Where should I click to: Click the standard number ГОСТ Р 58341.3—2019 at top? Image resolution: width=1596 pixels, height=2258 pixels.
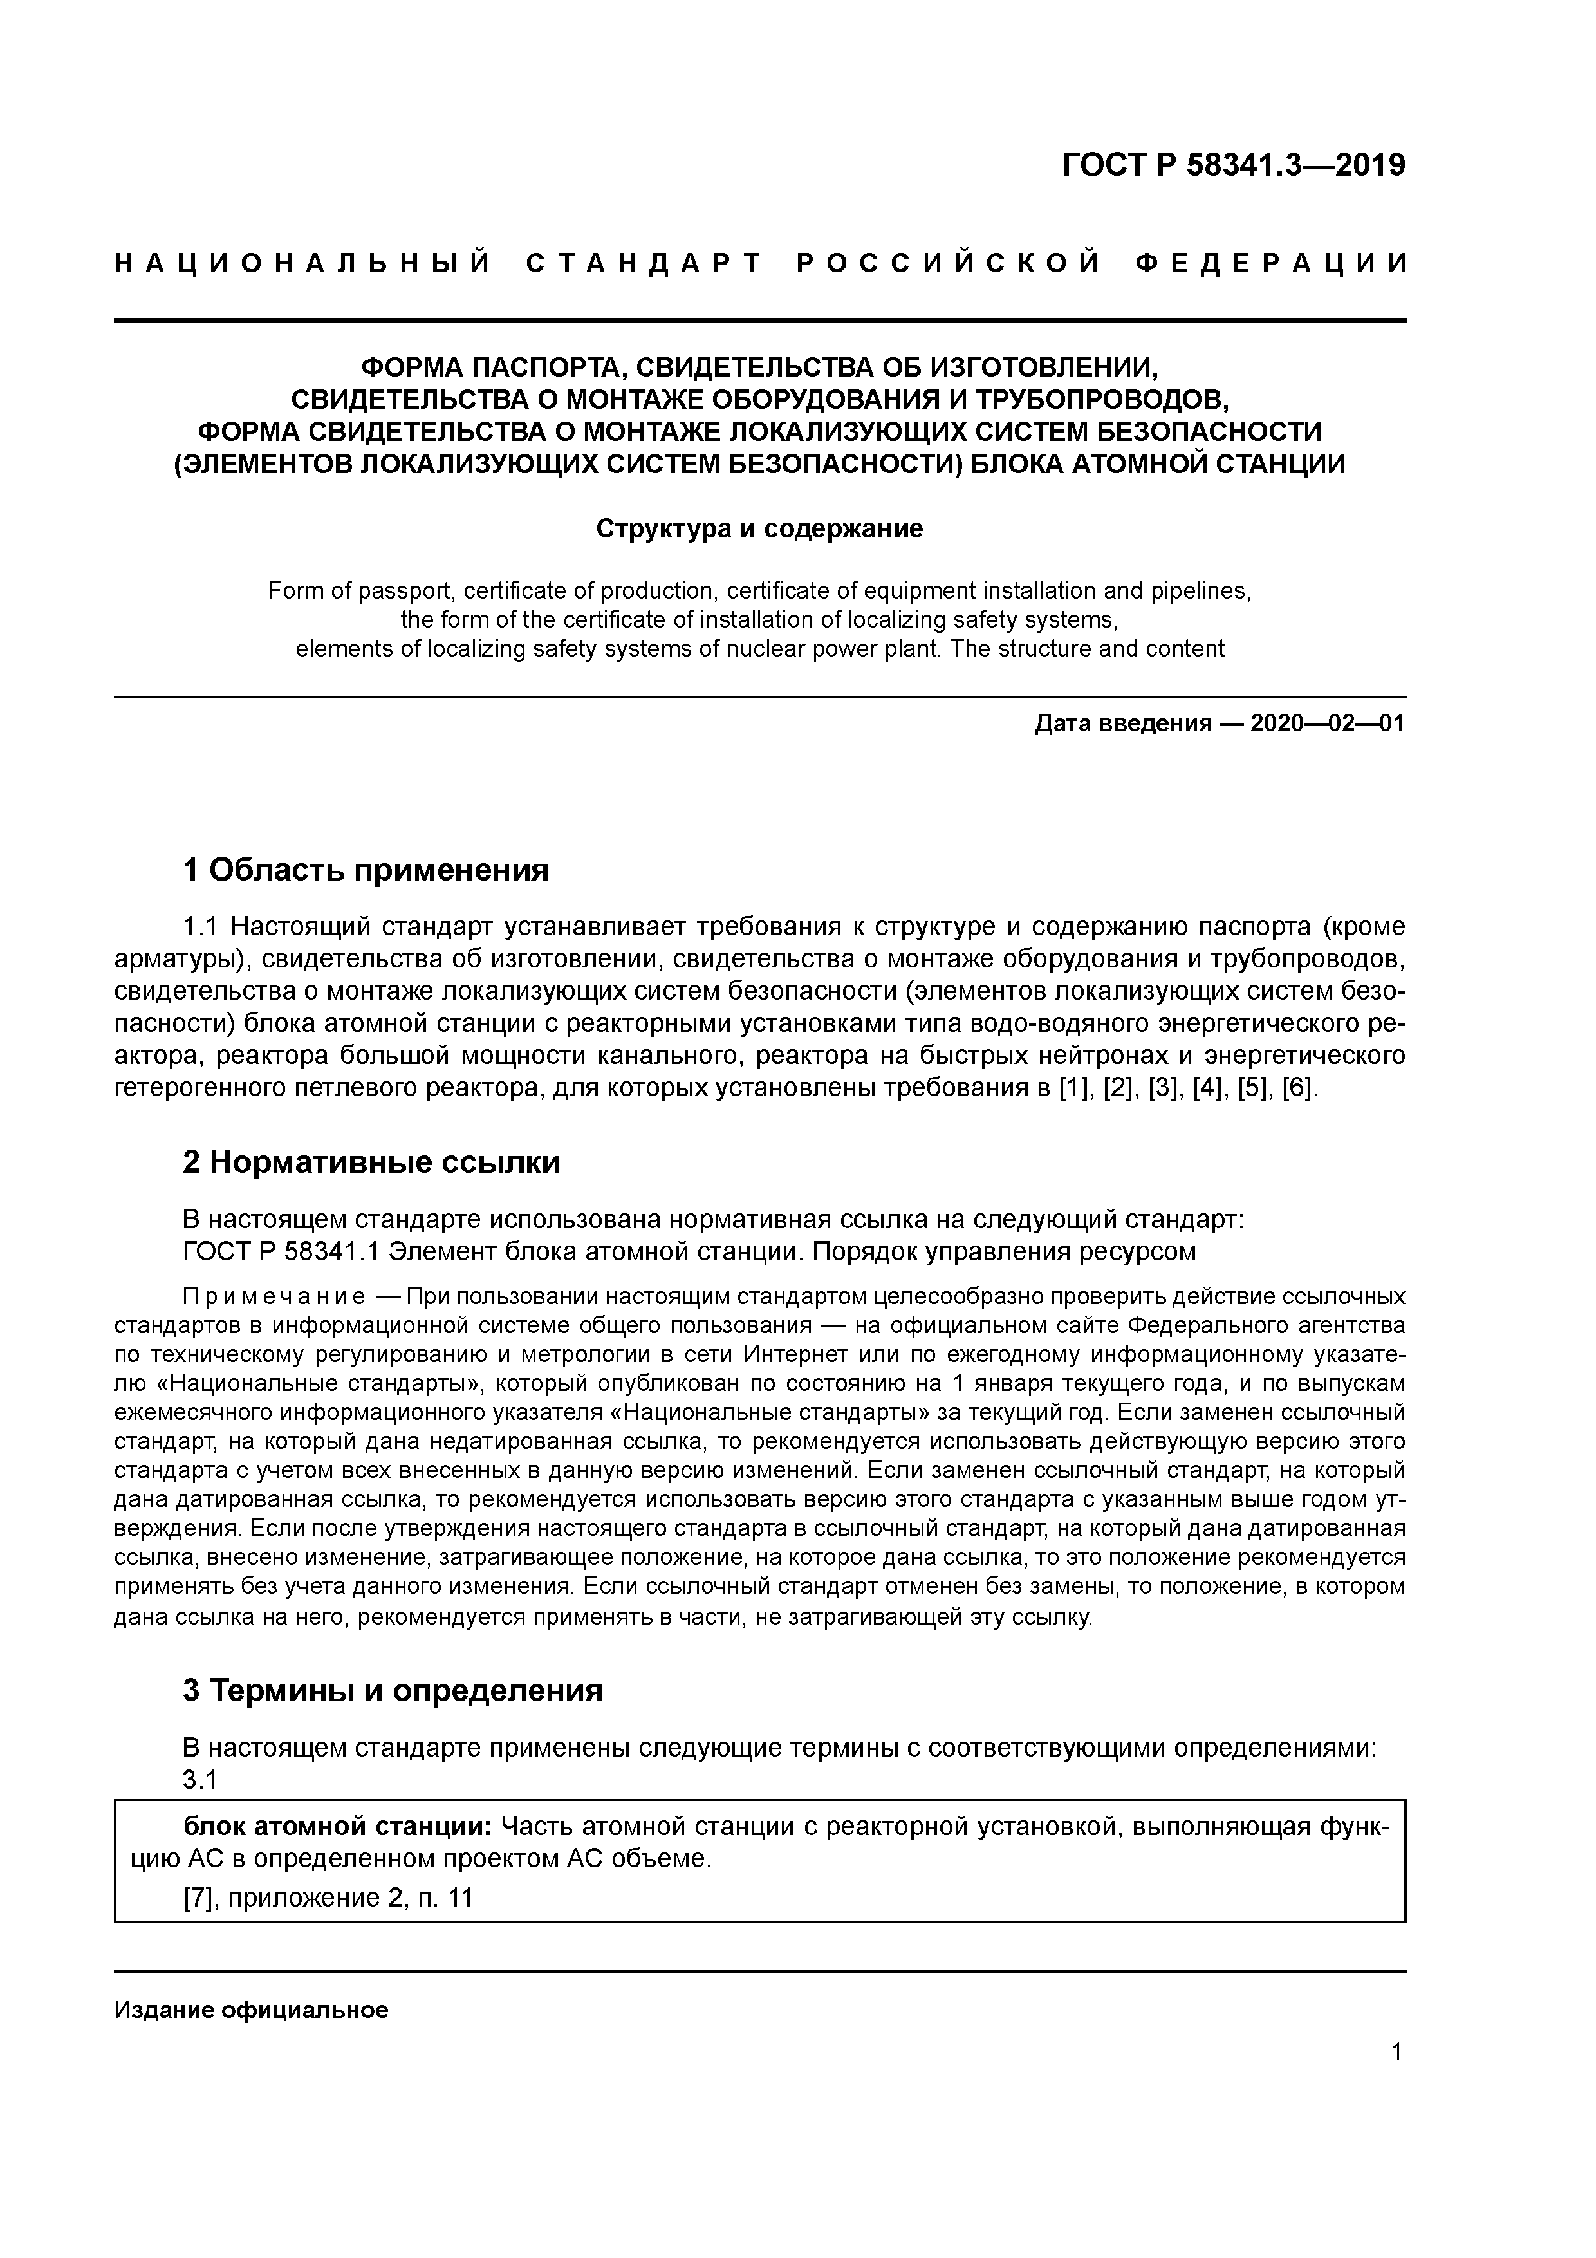[1234, 166]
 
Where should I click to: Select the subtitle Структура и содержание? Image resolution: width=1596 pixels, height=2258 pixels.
[759, 529]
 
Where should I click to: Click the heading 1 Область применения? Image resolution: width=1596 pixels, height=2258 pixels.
[365, 870]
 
